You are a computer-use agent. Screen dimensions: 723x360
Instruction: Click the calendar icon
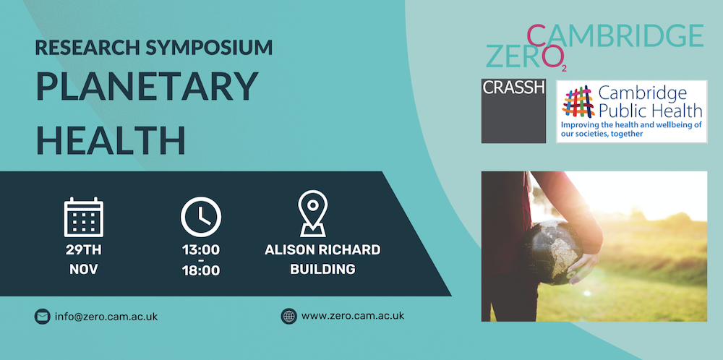(x=83, y=217)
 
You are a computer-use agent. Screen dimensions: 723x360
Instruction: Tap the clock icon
(x=200, y=217)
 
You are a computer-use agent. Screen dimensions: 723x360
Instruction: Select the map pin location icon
(x=313, y=213)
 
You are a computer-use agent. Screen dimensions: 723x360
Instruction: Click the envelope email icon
(x=43, y=316)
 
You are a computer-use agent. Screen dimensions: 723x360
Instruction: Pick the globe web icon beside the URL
(x=288, y=316)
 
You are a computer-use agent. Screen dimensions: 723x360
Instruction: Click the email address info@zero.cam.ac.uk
(x=106, y=317)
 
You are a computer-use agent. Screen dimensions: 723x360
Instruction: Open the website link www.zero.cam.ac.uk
(x=353, y=316)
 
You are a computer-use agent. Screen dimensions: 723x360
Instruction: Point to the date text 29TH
(x=83, y=250)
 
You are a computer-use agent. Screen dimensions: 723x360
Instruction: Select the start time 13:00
(x=200, y=250)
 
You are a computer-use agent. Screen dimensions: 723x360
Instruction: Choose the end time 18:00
(x=200, y=270)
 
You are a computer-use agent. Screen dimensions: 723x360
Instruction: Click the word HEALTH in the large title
(x=111, y=139)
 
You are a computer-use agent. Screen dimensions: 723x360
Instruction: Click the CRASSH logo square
(x=513, y=111)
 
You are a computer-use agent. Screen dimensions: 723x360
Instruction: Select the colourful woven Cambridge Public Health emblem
(x=578, y=101)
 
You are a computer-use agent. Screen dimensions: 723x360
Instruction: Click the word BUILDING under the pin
(x=322, y=269)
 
